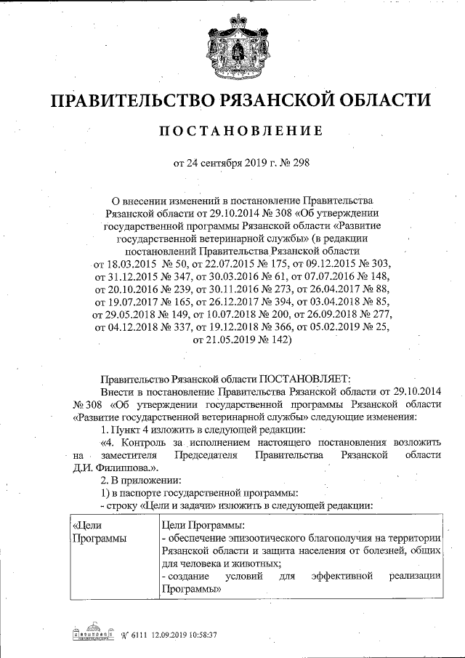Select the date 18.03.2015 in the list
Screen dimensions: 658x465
132,261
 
